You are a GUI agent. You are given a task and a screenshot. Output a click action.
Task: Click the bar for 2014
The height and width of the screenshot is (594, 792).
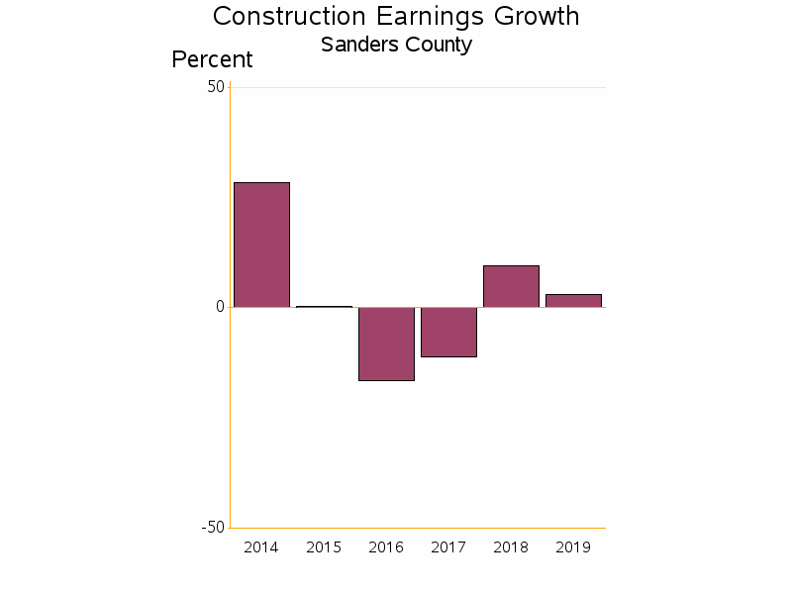tap(261, 245)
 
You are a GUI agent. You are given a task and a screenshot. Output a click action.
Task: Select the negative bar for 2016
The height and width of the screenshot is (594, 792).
tap(386, 344)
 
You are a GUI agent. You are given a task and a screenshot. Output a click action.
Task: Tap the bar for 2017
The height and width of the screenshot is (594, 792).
tap(448, 332)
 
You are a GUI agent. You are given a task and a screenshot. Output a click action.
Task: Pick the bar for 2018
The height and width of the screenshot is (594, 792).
tap(511, 286)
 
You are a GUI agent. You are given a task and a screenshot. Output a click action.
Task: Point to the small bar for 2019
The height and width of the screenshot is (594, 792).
tap(573, 301)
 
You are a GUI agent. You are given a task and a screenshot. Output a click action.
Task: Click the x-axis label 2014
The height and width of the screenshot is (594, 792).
tap(261, 547)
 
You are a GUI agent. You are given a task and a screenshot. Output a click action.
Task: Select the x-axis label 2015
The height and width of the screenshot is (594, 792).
tap(324, 547)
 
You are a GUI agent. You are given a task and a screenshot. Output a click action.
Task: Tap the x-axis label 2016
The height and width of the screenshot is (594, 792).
tap(386, 547)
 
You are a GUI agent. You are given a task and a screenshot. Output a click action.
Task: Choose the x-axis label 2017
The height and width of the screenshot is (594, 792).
tap(448, 547)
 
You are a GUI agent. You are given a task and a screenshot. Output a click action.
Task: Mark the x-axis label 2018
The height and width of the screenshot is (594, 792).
tap(511, 547)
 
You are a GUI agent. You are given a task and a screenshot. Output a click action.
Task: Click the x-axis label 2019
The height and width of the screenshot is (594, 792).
tap(573, 547)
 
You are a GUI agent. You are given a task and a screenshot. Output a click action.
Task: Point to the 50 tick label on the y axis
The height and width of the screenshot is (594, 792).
tap(216, 87)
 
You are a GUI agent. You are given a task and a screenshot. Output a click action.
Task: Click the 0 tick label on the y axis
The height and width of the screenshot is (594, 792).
tap(221, 307)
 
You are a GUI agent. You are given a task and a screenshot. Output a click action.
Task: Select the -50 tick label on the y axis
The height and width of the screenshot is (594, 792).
tap(213, 527)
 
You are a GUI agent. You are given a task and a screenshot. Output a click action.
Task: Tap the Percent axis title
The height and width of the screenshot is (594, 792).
tap(212, 59)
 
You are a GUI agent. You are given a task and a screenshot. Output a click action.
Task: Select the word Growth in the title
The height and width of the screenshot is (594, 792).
tap(531, 17)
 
